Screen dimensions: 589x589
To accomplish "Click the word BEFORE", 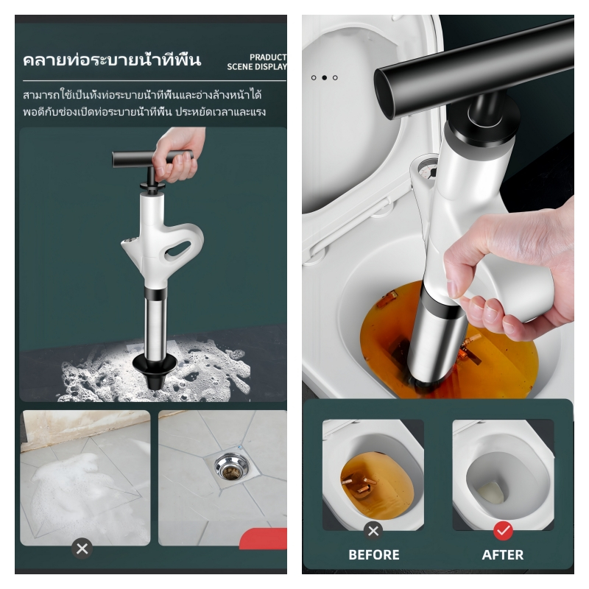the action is coord(374,554).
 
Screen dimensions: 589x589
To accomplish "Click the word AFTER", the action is coord(503,554).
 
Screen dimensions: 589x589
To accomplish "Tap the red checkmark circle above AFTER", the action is coord(503,531).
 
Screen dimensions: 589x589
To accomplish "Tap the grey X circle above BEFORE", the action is coord(373,531).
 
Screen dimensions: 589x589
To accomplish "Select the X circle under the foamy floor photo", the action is coord(82,549).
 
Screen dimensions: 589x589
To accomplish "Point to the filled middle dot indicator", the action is coord(325,78).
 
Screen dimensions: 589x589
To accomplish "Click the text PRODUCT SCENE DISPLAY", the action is coord(257,62).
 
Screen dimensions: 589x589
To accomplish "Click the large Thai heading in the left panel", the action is coord(112,60).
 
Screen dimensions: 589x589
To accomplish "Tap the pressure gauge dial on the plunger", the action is coord(428,170).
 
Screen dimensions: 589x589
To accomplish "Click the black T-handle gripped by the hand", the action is coord(152,159).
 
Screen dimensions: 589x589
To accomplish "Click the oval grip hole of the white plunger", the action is coord(177,249).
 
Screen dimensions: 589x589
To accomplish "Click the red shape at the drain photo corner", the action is coord(264,537).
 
